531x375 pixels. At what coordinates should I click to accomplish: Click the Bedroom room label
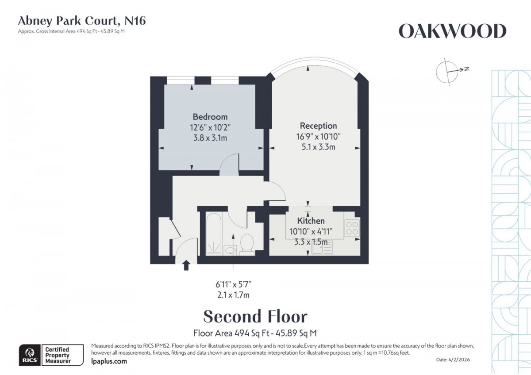(x=210, y=117)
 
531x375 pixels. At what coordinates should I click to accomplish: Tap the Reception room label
(x=318, y=126)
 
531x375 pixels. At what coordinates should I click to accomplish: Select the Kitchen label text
(x=311, y=221)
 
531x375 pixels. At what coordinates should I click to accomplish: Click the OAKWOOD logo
(x=452, y=31)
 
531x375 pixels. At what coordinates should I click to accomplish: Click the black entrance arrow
(x=186, y=265)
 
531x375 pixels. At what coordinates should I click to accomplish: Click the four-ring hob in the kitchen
(x=353, y=228)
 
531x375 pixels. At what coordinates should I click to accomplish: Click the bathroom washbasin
(x=230, y=250)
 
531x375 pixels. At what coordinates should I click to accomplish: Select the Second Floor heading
(x=255, y=317)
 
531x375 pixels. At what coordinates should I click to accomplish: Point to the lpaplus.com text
(x=108, y=361)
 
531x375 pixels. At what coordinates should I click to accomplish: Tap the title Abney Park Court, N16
(x=81, y=20)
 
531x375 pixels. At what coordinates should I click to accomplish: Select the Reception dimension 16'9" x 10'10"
(x=318, y=137)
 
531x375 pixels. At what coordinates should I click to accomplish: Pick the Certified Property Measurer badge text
(x=57, y=355)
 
